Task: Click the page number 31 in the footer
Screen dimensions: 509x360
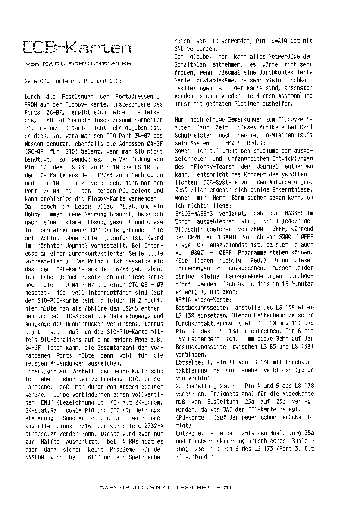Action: tap(228, 488)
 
